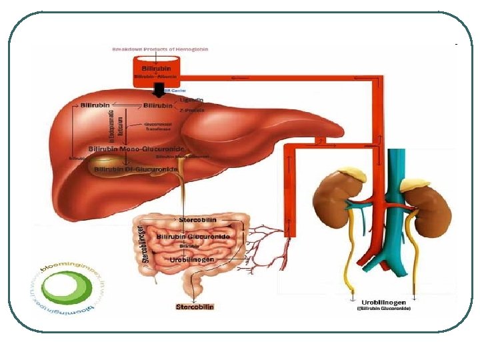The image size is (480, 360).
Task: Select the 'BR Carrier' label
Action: click(175, 90)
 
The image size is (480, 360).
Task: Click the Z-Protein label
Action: click(193, 111)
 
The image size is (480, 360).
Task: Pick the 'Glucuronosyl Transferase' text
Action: click(161, 127)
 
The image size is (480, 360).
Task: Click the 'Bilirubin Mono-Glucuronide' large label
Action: click(137, 149)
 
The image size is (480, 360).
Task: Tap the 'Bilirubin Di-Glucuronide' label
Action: click(136, 169)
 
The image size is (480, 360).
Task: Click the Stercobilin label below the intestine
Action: click(195, 307)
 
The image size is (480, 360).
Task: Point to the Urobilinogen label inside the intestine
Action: click(191, 259)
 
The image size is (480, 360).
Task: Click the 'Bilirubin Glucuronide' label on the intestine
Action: click(193, 237)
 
